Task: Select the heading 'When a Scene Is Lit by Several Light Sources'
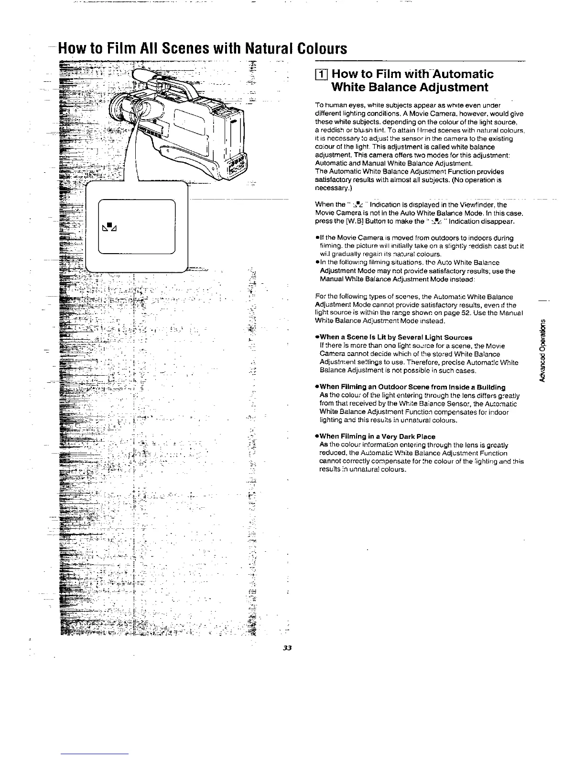coord(395,337)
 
